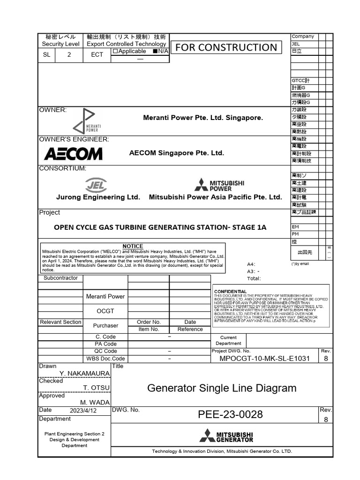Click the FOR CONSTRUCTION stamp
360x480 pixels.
click(226, 47)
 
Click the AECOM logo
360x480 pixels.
click(73, 153)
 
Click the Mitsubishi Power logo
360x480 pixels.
click(220, 185)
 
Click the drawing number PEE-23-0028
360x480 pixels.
click(230, 414)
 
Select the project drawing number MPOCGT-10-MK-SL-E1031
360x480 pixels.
click(264, 359)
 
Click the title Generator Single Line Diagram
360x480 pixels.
click(222, 388)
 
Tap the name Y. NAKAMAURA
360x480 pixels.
click(84, 373)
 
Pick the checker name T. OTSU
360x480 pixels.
click(96, 388)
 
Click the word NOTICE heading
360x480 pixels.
click(133, 246)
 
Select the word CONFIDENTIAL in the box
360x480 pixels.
click(230, 292)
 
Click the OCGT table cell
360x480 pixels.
click(105, 311)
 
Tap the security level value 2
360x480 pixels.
click(69, 54)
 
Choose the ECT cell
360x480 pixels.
click(97, 54)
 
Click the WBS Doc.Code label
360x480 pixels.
click(105, 359)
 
